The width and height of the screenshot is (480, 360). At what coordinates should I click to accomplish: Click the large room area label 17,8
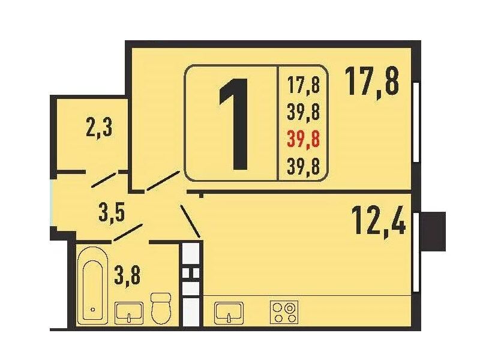coord(372,82)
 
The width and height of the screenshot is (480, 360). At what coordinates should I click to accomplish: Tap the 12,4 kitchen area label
coord(379,221)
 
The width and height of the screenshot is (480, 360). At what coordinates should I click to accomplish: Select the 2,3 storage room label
coord(100,128)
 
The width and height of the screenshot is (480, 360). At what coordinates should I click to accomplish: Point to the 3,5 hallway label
coord(112,213)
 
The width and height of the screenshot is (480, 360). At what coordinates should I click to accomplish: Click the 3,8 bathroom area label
coord(127,275)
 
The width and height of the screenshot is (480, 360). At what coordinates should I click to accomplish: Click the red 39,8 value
coord(304,139)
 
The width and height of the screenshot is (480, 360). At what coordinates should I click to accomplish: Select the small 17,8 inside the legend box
coord(304,85)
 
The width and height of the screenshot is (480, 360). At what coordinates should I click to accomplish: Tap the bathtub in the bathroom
coord(93,285)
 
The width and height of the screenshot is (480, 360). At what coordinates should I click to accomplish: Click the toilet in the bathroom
coord(161,308)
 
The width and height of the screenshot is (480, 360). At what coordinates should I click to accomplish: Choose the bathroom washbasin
coord(129,313)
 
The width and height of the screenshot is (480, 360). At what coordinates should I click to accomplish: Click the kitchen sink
coord(229,313)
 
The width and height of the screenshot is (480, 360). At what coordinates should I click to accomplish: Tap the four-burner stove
coord(284,312)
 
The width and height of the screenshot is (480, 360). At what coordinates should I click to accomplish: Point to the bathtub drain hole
coord(93,309)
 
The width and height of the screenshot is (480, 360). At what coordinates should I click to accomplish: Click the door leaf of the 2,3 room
coord(104,179)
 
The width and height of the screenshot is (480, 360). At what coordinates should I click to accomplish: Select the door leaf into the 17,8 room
coord(163,181)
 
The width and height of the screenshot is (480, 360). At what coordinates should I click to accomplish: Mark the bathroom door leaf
coord(128,232)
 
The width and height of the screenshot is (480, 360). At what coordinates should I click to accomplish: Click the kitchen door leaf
coord(190,221)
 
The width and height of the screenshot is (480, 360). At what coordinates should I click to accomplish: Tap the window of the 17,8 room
coord(416,122)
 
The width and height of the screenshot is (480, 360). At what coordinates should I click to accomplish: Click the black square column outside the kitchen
coord(433,232)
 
